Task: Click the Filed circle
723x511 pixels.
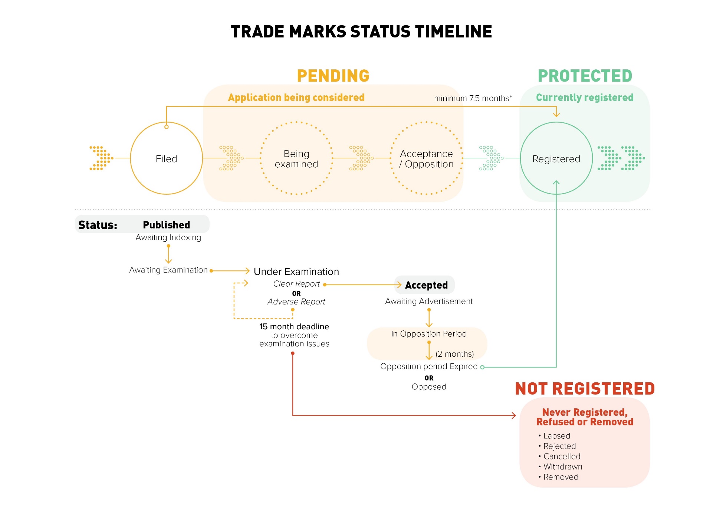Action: [166, 159]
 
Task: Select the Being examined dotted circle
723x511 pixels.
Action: [296, 159]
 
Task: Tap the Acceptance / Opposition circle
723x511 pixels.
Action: [427, 159]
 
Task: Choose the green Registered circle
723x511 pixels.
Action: [556, 159]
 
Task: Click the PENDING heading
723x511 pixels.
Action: [333, 76]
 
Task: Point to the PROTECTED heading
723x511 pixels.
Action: [585, 76]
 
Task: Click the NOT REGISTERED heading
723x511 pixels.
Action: [585, 389]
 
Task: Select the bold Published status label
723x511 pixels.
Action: [166, 225]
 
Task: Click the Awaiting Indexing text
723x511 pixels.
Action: [168, 237]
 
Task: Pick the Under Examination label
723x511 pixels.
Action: [296, 271]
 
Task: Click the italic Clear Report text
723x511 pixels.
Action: [296, 284]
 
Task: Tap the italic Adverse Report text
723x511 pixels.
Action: [296, 302]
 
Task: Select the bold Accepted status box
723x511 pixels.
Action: [426, 285]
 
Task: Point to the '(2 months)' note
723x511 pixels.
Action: [454, 354]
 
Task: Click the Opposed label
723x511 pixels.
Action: [429, 387]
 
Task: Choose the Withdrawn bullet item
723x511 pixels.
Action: [562, 467]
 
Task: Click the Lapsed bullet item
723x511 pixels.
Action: [556, 436]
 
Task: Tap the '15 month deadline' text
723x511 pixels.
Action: [294, 326]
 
